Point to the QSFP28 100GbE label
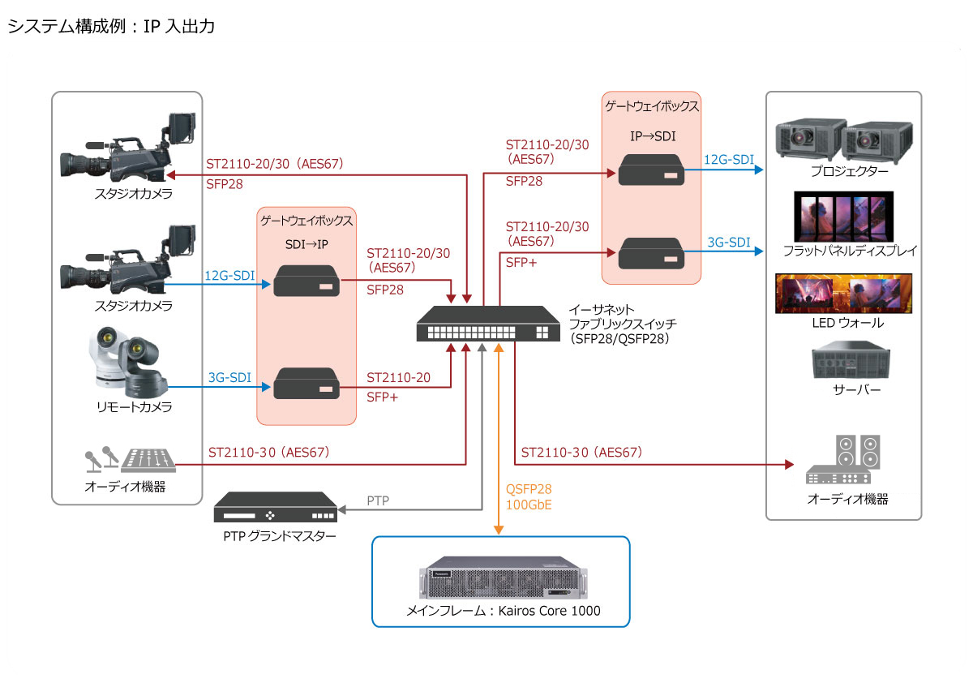point(529,497)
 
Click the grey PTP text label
point(378,500)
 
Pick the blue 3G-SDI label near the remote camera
point(229,376)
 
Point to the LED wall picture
point(843,294)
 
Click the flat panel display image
point(843,217)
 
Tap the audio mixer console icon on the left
point(148,461)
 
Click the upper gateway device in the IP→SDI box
point(651,170)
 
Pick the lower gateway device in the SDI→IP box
point(306,384)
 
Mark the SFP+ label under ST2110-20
point(383,397)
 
